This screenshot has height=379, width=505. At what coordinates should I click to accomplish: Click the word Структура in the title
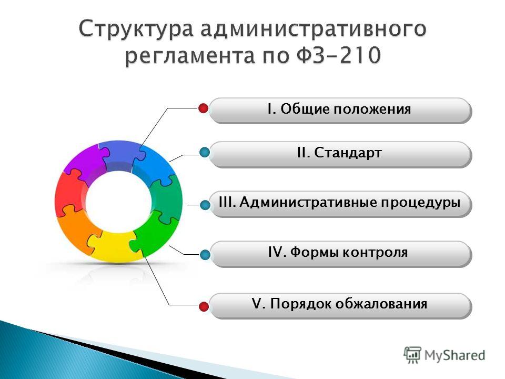point(136,29)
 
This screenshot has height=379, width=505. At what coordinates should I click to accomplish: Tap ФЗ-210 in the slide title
point(338,55)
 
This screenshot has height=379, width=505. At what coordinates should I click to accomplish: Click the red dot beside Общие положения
point(203,108)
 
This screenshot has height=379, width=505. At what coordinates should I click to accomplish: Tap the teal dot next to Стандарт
point(205,152)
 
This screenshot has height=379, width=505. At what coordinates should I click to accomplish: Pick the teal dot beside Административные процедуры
point(205,205)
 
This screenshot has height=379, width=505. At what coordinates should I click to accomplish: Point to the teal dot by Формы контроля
point(205,255)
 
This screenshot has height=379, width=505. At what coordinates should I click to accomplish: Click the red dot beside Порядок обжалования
point(204,306)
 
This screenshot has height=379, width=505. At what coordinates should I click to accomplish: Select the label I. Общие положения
point(339,109)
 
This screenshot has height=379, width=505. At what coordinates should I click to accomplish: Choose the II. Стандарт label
point(339,153)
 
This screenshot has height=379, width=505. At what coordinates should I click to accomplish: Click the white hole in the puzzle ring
point(118,202)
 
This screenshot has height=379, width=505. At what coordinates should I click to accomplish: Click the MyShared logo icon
point(412,355)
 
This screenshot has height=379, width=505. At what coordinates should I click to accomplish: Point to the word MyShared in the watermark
point(454,355)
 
